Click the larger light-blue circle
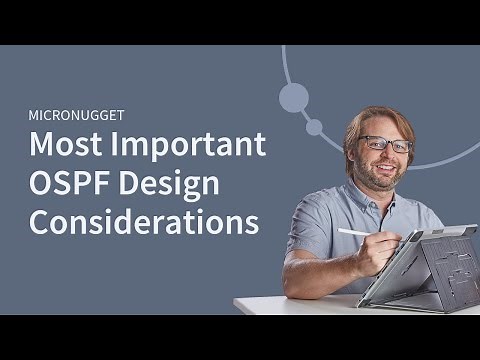click(x=294, y=97)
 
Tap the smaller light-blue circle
click(x=314, y=127)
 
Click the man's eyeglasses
click(x=385, y=143)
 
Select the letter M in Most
click(x=42, y=146)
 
